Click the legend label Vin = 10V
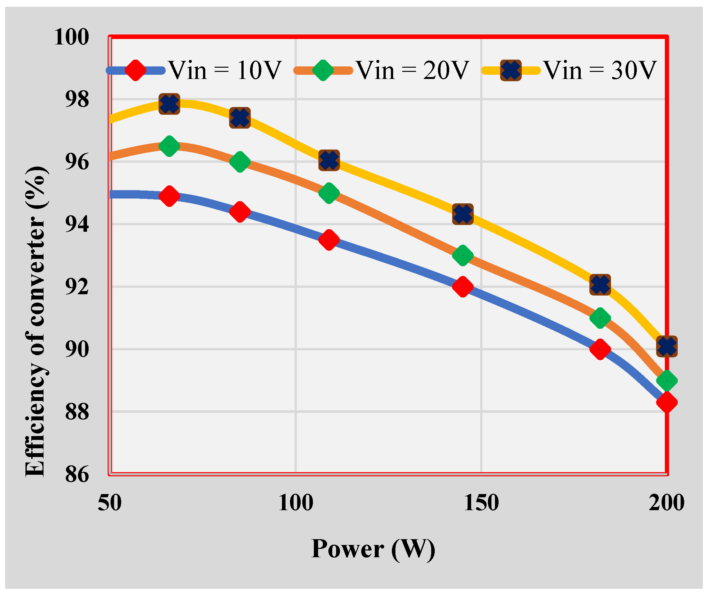click(225, 71)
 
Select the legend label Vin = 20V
click(413, 71)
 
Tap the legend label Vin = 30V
click(600, 71)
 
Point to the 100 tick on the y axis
click(72, 37)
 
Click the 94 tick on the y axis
click(77, 224)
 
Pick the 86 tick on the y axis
click(77, 475)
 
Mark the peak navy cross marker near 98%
click(169, 104)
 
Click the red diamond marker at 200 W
click(667, 402)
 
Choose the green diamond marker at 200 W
click(667, 381)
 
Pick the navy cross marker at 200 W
click(667, 346)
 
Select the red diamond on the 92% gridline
click(463, 287)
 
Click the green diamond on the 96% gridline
click(240, 162)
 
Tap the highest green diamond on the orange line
click(169, 146)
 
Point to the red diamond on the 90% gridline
click(600, 349)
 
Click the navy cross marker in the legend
click(511, 71)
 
